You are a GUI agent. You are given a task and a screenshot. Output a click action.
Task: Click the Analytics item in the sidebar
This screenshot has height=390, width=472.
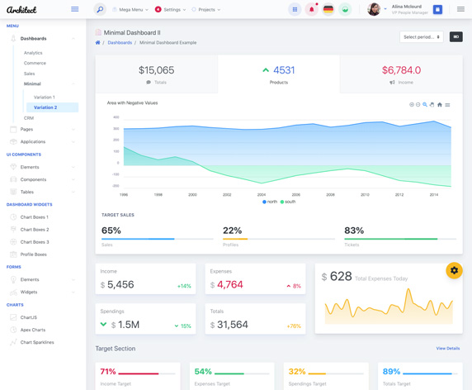(x=33, y=53)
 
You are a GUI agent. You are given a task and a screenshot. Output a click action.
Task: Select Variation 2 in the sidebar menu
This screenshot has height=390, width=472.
(x=45, y=107)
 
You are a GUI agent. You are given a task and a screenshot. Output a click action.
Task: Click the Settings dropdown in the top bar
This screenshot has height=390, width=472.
(x=171, y=10)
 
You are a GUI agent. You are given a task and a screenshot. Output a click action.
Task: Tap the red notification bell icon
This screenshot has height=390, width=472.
(x=311, y=10)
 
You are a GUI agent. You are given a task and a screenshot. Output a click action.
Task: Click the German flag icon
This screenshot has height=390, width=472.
(x=328, y=10)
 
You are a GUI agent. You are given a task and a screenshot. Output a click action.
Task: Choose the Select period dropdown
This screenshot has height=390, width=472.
(x=421, y=37)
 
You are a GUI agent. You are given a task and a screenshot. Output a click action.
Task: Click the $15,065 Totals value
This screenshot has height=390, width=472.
(x=156, y=70)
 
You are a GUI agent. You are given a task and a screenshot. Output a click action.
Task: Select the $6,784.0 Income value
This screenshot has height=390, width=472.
(x=401, y=70)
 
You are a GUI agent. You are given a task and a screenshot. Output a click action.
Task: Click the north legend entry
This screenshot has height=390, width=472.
(x=270, y=202)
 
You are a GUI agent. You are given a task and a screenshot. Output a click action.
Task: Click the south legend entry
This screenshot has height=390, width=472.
(x=288, y=202)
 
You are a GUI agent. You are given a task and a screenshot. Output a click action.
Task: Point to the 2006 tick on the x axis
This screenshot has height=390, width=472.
(x=295, y=195)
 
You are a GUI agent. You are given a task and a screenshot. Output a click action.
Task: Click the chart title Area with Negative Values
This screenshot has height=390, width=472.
(x=132, y=103)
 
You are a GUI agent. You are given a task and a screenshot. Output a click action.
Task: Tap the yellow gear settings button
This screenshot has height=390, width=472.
(x=454, y=270)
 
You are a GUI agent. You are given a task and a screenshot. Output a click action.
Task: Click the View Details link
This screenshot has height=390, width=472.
(x=447, y=349)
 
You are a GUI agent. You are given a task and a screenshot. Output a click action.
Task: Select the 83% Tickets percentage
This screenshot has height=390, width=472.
(x=354, y=231)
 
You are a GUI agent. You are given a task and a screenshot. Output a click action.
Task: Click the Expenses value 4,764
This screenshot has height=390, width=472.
(x=230, y=284)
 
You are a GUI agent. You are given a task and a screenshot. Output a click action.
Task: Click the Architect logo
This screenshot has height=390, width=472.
(x=21, y=10)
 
